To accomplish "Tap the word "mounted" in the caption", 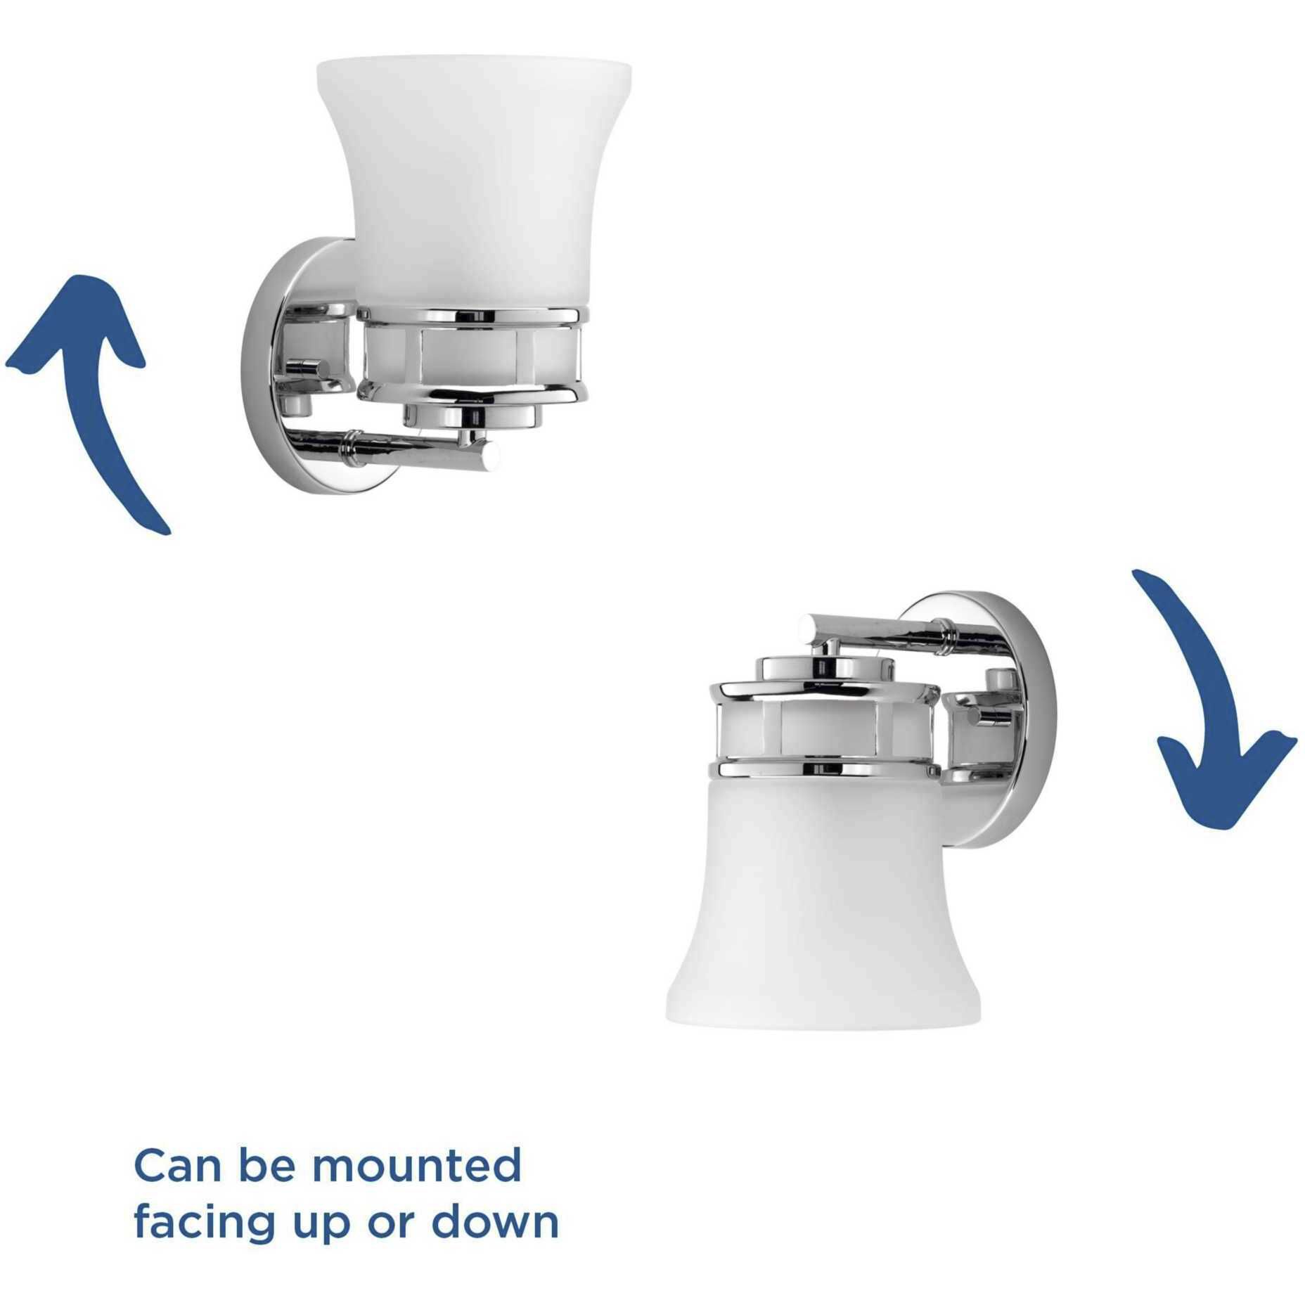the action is pyautogui.click(x=416, y=1166).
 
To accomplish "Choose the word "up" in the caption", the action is pyautogui.click(x=324, y=1228).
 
